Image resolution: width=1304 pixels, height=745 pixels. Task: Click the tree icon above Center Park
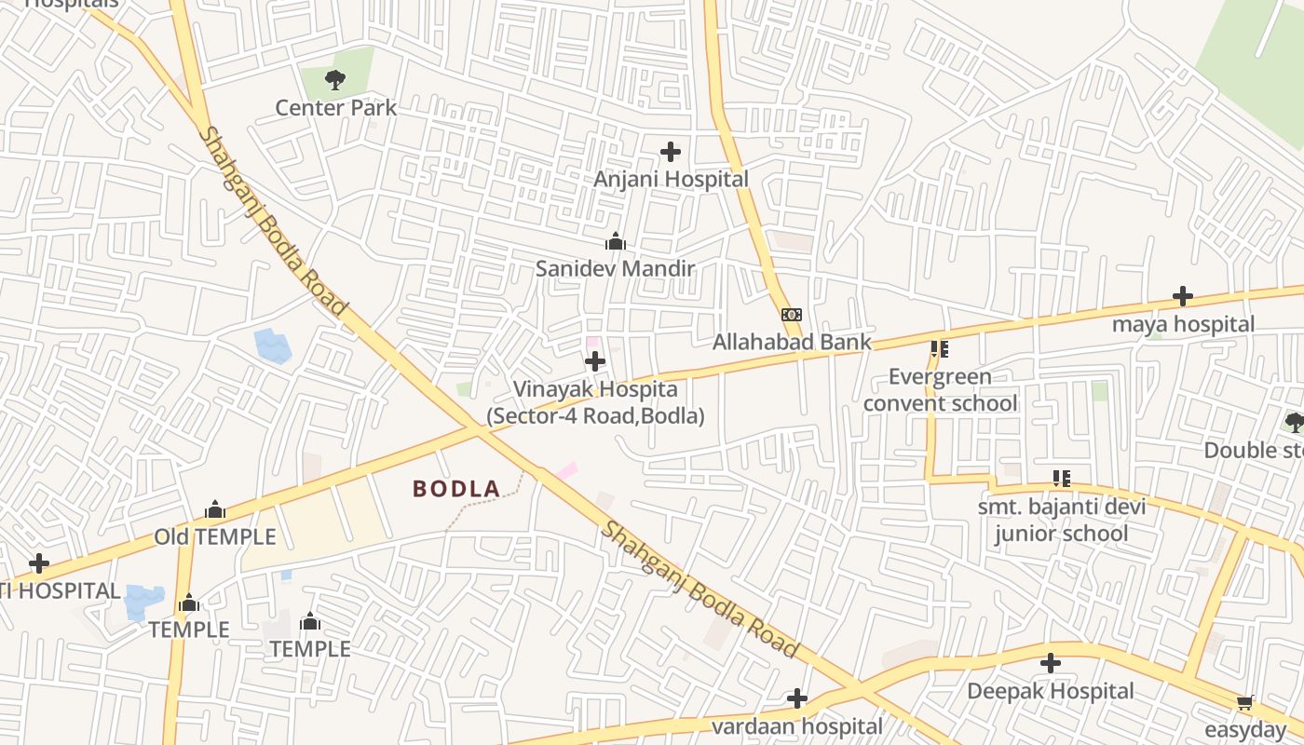click(x=335, y=80)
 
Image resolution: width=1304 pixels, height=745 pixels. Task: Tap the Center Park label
click(x=335, y=108)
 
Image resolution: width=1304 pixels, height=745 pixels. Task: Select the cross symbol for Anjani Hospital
click(x=670, y=151)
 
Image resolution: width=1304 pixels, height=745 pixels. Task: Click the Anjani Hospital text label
click(x=671, y=179)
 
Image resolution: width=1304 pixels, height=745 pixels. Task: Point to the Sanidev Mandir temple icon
click(x=615, y=242)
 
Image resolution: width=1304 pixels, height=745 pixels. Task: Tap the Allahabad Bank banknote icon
click(x=791, y=315)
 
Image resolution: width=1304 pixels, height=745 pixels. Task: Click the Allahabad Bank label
click(x=792, y=342)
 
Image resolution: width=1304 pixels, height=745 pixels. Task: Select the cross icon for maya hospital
click(x=1182, y=296)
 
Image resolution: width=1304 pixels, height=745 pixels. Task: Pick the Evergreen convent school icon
click(x=939, y=350)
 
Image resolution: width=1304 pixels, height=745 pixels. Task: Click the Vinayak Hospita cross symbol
click(x=595, y=361)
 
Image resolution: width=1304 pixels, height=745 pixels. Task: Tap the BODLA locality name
click(x=456, y=488)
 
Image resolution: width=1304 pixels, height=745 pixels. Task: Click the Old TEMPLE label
click(x=215, y=537)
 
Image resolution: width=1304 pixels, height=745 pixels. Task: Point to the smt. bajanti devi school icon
click(x=1061, y=479)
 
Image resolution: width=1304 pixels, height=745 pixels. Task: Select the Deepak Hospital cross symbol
click(x=1051, y=663)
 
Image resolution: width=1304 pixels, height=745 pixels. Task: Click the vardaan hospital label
click(x=796, y=725)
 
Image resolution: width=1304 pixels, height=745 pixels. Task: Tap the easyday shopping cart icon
click(x=1244, y=701)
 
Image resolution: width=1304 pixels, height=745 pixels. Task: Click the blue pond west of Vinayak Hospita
click(x=273, y=345)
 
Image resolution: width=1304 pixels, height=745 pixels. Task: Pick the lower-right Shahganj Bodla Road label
click(x=699, y=589)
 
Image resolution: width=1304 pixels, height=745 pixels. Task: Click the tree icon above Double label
click(x=1294, y=423)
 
